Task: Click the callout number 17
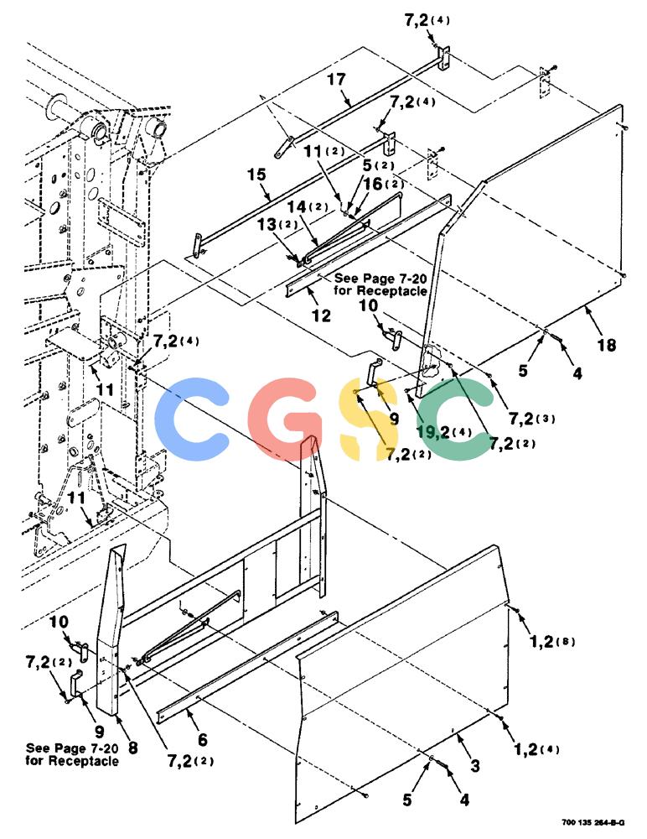pyautogui.click(x=336, y=80)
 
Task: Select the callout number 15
pyautogui.click(x=256, y=175)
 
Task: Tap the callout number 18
pyautogui.click(x=607, y=345)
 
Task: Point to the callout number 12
pyautogui.click(x=321, y=315)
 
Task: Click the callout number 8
pyautogui.click(x=132, y=747)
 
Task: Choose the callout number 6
pyautogui.click(x=202, y=740)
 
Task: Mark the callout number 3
pyautogui.click(x=475, y=766)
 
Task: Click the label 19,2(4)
pyautogui.click(x=445, y=432)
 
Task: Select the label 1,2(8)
pyautogui.click(x=551, y=641)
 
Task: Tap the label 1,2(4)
pyautogui.click(x=536, y=749)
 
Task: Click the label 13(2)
pyautogui.click(x=277, y=224)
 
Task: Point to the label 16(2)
pyautogui.click(x=384, y=184)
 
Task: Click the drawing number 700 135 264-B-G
pyautogui.click(x=593, y=822)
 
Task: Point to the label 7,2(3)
pyautogui.click(x=531, y=419)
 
